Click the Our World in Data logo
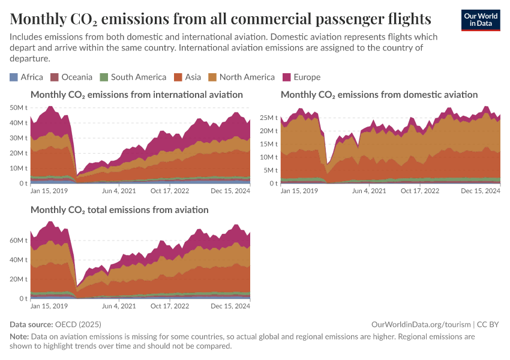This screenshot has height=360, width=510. coord(480,20)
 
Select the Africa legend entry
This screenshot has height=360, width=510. coord(26,77)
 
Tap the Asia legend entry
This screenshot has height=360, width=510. coord(187,77)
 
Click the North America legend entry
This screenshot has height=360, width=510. coord(241,77)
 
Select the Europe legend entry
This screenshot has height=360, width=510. coord(302,77)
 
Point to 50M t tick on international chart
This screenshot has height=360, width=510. coord(19,107)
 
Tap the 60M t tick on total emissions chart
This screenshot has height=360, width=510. coord(19,240)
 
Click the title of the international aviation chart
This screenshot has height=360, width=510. coord(137,94)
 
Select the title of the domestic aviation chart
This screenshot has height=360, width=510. coord(379,94)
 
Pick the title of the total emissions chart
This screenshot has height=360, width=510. coord(119,210)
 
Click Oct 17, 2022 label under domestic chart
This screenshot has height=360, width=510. coord(420,191)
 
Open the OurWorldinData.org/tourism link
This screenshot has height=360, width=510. coord(421,324)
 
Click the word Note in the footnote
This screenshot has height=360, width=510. coord(19,337)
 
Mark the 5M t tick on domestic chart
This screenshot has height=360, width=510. coord(271,170)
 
